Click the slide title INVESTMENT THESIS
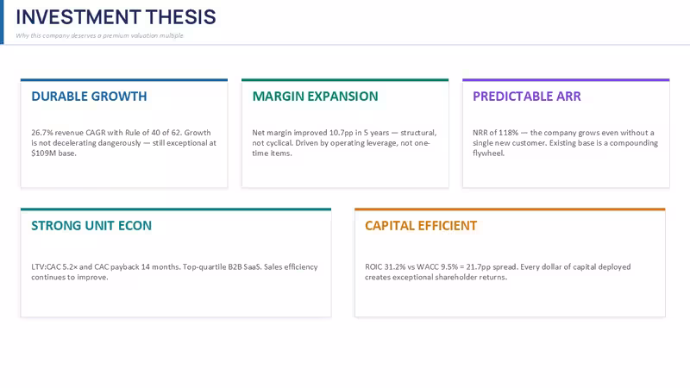[x=116, y=17]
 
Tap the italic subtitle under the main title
[x=99, y=35]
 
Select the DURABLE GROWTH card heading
[x=89, y=97]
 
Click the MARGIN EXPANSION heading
[x=315, y=97]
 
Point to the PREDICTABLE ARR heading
[x=527, y=97]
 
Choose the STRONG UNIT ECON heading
[x=91, y=226]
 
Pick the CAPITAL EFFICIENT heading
[x=421, y=226]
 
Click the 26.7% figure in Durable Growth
[x=41, y=133]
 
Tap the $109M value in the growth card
[x=41, y=153]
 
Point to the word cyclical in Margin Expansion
[x=279, y=143]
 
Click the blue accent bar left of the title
[x=2, y=22]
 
